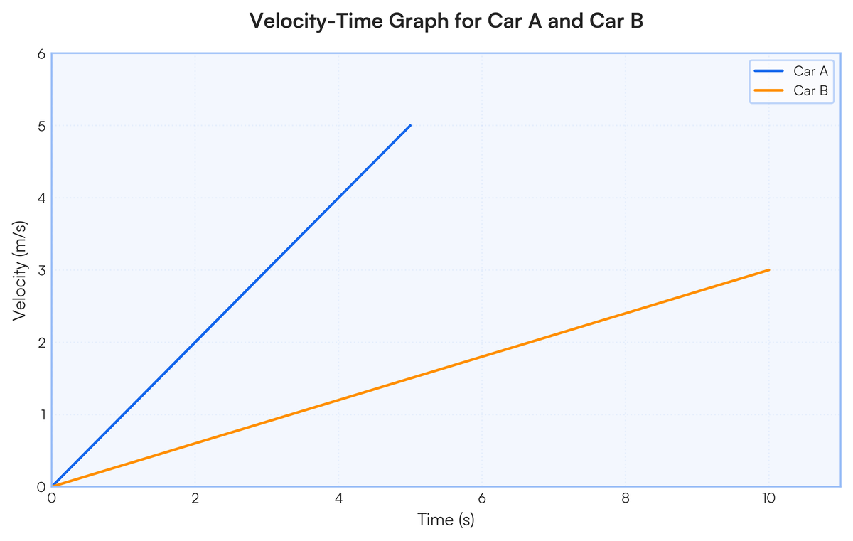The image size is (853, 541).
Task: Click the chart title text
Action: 446,21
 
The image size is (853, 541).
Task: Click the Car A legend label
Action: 811,71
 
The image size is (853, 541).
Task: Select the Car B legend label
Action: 811,90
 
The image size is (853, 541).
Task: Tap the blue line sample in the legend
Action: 769,71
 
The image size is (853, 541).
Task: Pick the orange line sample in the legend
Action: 769,90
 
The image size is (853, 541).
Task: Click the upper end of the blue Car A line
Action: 411,125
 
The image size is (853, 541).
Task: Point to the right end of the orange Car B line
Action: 769,270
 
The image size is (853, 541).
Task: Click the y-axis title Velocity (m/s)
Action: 20,271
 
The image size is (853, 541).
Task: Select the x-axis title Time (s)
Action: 446,520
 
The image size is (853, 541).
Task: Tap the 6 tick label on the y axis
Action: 41,54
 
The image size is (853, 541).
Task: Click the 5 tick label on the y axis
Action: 41,126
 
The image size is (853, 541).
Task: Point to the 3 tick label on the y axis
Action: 41,270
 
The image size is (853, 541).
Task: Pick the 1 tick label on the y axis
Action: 43,414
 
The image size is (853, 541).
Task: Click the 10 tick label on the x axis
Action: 769,498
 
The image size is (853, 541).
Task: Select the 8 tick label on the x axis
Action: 626,498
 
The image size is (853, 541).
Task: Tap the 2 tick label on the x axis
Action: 195,498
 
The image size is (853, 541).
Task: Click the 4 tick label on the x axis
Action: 338,498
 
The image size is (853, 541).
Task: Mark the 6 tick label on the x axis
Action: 482,498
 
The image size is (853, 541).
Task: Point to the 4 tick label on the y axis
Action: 41,198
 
